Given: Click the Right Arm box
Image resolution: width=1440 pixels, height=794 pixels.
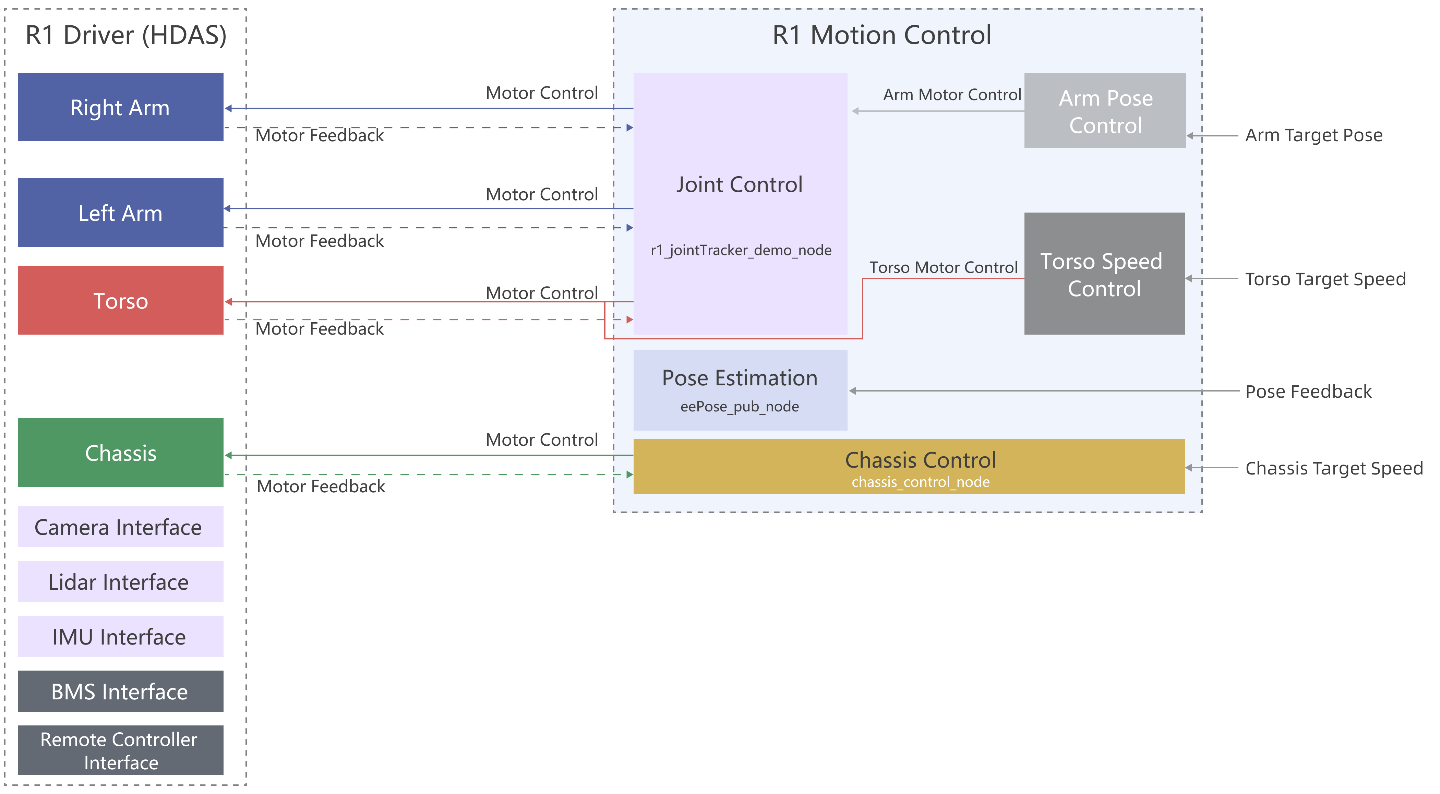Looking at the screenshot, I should tap(120, 107).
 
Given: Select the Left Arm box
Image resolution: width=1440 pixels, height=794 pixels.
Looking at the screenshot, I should tap(120, 213).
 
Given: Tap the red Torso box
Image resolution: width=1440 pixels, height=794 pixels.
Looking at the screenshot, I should tap(120, 300).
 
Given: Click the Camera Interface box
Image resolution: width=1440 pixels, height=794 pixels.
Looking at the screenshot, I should tap(120, 527).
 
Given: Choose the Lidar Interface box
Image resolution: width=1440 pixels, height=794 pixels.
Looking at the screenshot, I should tap(120, 581).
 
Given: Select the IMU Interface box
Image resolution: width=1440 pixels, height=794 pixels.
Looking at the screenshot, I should tap(120, 636).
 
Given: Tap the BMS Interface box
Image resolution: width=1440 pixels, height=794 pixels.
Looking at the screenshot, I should tap(120, 691).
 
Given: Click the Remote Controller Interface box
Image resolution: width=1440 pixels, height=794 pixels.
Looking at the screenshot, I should tap(120, 750).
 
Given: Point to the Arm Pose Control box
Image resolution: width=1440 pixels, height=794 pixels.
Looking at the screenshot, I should tap(1105, 111).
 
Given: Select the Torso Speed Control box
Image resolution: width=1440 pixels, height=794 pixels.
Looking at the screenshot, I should tap(1104, 274).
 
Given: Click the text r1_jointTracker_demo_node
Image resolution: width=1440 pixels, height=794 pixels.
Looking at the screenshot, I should tap(741, 250).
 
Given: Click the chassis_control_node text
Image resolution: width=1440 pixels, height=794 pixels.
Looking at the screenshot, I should tap(920, 482).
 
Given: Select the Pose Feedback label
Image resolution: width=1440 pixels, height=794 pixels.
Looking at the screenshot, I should tap(1308, 392).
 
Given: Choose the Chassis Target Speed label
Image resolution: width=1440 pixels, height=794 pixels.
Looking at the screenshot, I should tap(1334, 468).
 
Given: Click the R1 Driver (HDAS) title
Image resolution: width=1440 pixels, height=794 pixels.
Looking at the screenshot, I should tap(126, 35).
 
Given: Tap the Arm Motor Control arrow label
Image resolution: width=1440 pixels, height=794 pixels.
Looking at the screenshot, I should tap(951, 95).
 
